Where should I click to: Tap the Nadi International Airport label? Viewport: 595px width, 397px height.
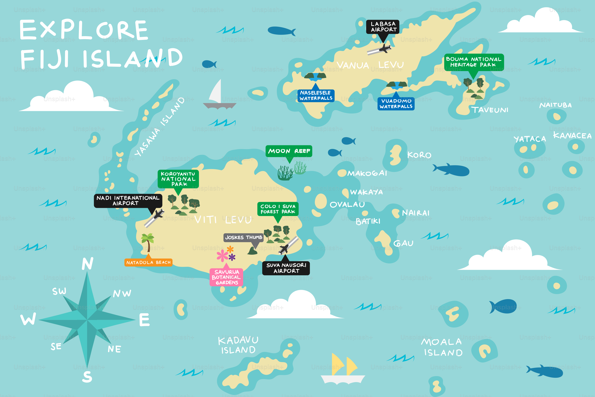click(128, 200)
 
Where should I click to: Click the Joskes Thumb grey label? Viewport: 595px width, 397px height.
click(243, 237)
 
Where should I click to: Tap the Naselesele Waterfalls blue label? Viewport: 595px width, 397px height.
click(316, 95)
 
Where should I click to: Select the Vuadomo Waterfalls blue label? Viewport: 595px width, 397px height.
click(396, 104)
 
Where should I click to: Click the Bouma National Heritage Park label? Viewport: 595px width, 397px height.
click(474, 62)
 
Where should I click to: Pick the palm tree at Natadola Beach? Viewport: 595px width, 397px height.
click(148, 242)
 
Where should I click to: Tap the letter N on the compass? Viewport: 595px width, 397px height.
click(87, 264)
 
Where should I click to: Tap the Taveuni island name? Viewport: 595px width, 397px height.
click(489, 110)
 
